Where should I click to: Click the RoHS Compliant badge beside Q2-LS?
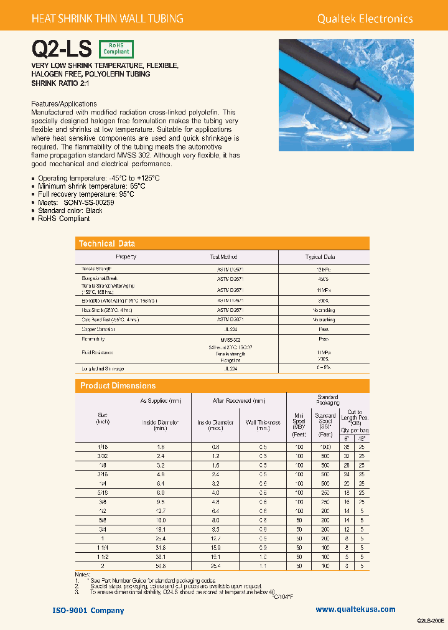click(x=116, y=49)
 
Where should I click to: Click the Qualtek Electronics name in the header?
click(x=365, y=19)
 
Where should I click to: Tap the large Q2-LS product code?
click(x=62, y=49)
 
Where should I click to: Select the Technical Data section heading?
click(x=107, y=243)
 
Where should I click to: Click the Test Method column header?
click(x=223, y=256)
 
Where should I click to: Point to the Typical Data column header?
click(x=320, y=256)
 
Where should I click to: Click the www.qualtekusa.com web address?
click(x=355, y=609)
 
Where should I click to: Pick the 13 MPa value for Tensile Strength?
click(x=320, y=268)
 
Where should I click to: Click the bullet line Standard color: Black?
click(x=70, y=210)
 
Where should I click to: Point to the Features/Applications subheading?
click(x=63, y=103)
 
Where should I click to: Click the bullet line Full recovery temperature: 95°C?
click(x=86, y=194)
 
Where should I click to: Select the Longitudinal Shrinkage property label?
click(x=107, y=369)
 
